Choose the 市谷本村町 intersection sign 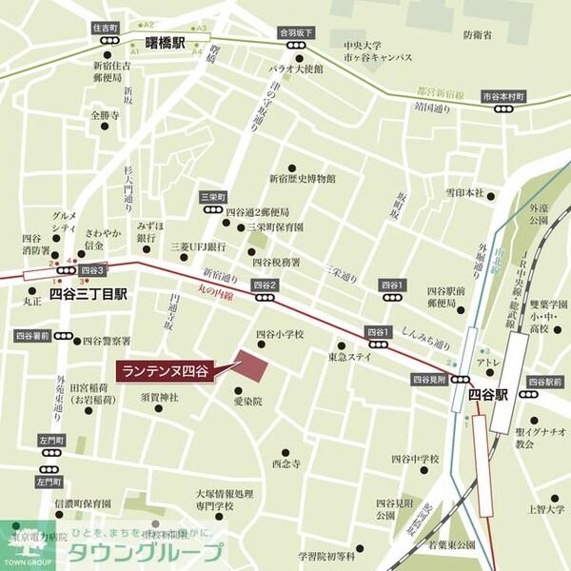point(502,96)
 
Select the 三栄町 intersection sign point(211,196)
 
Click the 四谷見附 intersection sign point(429,379)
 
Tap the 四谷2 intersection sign point(265,285)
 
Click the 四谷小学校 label point(280,334)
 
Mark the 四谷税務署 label point(275,262)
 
